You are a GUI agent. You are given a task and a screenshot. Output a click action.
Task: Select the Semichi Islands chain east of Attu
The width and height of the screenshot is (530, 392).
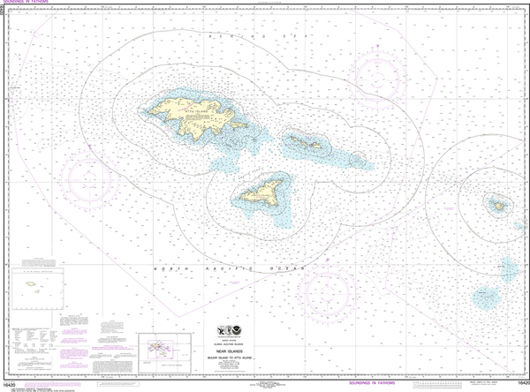306,142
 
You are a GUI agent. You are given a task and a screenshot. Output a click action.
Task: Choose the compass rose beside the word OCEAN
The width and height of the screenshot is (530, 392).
329,290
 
